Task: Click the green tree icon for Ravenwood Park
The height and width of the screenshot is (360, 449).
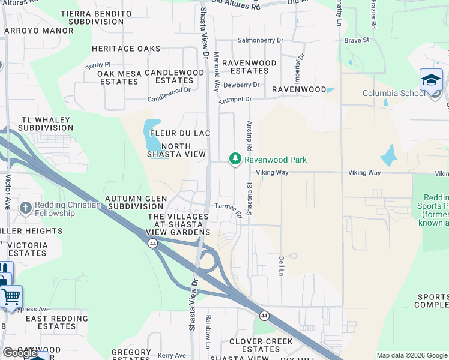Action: tap(235, 159)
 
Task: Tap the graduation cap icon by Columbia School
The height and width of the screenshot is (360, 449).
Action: tap(430, 80)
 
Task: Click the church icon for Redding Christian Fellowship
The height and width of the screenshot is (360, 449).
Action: tap(25, 208)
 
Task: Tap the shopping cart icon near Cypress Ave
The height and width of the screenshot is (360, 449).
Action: tap(11, 296)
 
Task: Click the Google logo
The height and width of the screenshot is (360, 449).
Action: tap(20, 353)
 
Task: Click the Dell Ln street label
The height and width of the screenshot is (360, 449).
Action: tap(280, 264)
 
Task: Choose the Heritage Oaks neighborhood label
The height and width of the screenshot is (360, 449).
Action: tap(126, 49)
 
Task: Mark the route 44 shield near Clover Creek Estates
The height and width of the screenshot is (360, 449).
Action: tap(264, 315)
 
